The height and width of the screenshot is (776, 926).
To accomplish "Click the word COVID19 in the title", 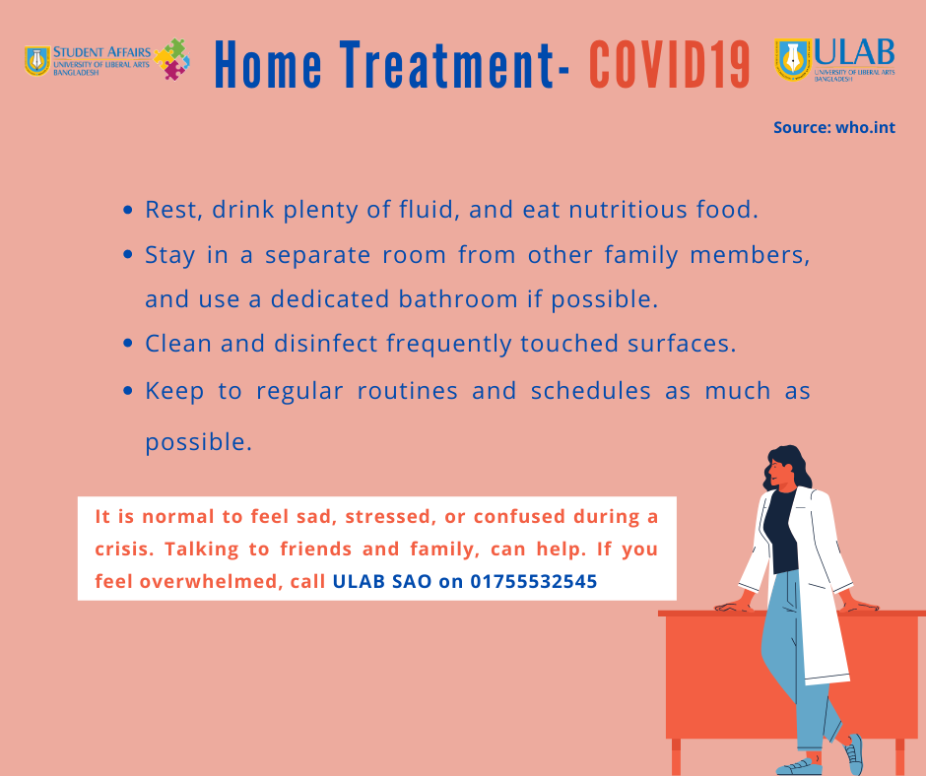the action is [x=670, y=65].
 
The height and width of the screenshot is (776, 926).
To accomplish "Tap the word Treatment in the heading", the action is [x=446, y=65].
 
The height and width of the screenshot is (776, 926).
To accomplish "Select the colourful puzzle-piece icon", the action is [x=171, y=59].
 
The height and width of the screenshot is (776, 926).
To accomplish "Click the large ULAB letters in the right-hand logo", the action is [x=854, y=52].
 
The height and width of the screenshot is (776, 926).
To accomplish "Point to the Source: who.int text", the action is [x=834, y=128].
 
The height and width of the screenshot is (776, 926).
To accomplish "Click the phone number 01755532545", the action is [x=533, y=581].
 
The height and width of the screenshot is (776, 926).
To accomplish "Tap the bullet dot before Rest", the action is [x=127, y=210].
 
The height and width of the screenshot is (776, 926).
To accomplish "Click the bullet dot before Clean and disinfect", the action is [x=127, y=343].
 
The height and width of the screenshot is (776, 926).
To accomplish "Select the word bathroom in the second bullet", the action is [x=458, y=298].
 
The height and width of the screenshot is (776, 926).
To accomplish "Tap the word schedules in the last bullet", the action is [x=590, y=390].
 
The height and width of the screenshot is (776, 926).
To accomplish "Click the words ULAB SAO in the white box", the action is [x=382, y=581].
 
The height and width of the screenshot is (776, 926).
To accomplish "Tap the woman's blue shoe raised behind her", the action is [x=853, y=754].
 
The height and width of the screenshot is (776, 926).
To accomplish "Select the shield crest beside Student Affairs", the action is [x=37, y=61].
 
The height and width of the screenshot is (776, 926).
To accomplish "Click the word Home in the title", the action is [x=269, y=65].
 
